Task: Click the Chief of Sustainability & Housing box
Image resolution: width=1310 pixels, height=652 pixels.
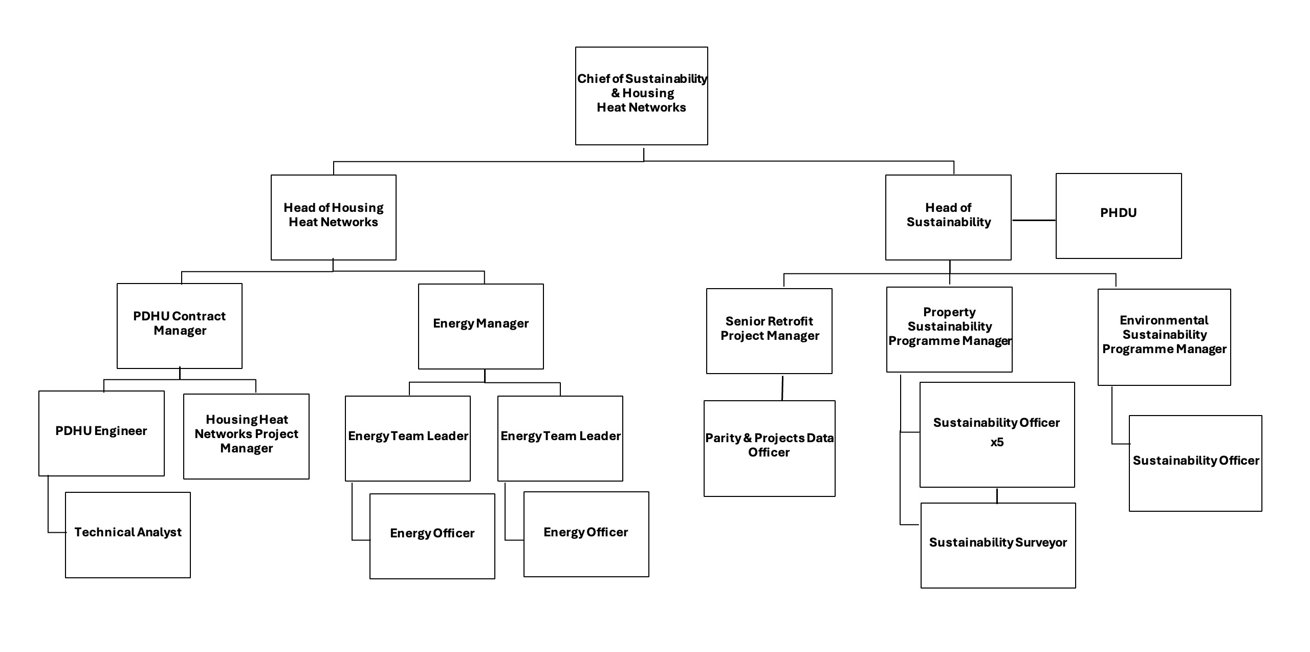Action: (x=641, y=96)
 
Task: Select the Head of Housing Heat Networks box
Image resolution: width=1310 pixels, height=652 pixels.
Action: (x=333, y=217)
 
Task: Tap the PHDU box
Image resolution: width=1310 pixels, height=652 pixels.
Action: (x=1118, y=215)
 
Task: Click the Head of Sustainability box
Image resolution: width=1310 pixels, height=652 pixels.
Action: (x=948, y=217)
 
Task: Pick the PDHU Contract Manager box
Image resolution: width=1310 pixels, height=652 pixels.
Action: (x=179, y=325)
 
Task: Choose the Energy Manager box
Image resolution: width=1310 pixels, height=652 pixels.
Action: (x=481, y=326)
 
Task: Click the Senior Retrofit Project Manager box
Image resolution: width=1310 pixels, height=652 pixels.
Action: (x=769, y=331)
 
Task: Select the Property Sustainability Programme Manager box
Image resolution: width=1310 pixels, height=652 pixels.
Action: (x=949, y=329)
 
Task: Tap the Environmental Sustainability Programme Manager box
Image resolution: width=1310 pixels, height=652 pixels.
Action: (x=1164, y=337)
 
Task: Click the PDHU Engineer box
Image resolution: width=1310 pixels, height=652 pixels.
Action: (x=101, y=433)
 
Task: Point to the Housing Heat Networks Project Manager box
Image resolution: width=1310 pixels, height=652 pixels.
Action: (x=246, y=436)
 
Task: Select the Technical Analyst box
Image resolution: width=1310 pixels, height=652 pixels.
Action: (x=127, y=534)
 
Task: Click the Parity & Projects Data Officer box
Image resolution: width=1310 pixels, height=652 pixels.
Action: (x=769, y=448)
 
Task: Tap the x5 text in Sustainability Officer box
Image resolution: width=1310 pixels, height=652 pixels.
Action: (x=997, y=443)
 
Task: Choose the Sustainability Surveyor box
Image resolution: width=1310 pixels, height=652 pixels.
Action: (x=998, y=545)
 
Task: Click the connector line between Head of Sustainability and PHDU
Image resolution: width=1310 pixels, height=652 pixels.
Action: (x=1033, y=220)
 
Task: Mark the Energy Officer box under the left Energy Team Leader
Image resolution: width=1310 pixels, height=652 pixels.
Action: (x=432, y=535)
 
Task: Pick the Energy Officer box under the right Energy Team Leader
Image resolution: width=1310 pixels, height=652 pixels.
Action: (x=586, y=534)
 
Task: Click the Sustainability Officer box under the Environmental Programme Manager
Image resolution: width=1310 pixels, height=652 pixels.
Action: (x=1195, y=463)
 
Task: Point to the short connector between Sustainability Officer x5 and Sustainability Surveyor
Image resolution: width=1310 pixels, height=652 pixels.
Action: (x=997, y=495)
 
